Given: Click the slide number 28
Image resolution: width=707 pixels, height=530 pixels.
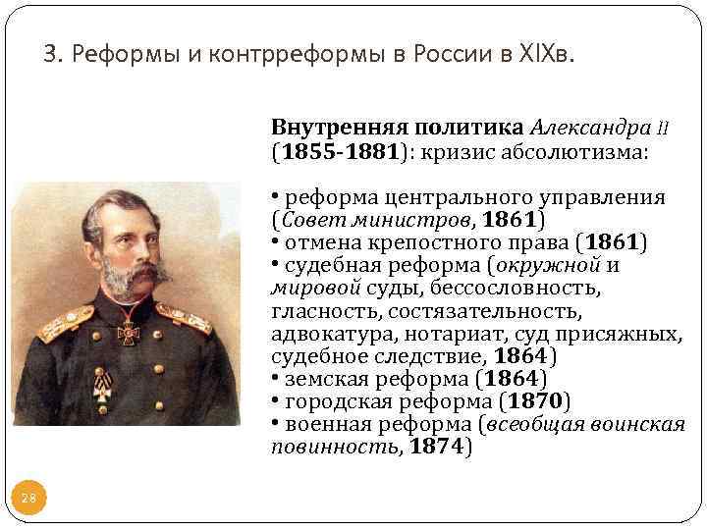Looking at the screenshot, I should pyautogui.click(x=28, y=499).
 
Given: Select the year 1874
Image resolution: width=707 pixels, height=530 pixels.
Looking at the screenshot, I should pyautogui.click(x=436, y=448).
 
